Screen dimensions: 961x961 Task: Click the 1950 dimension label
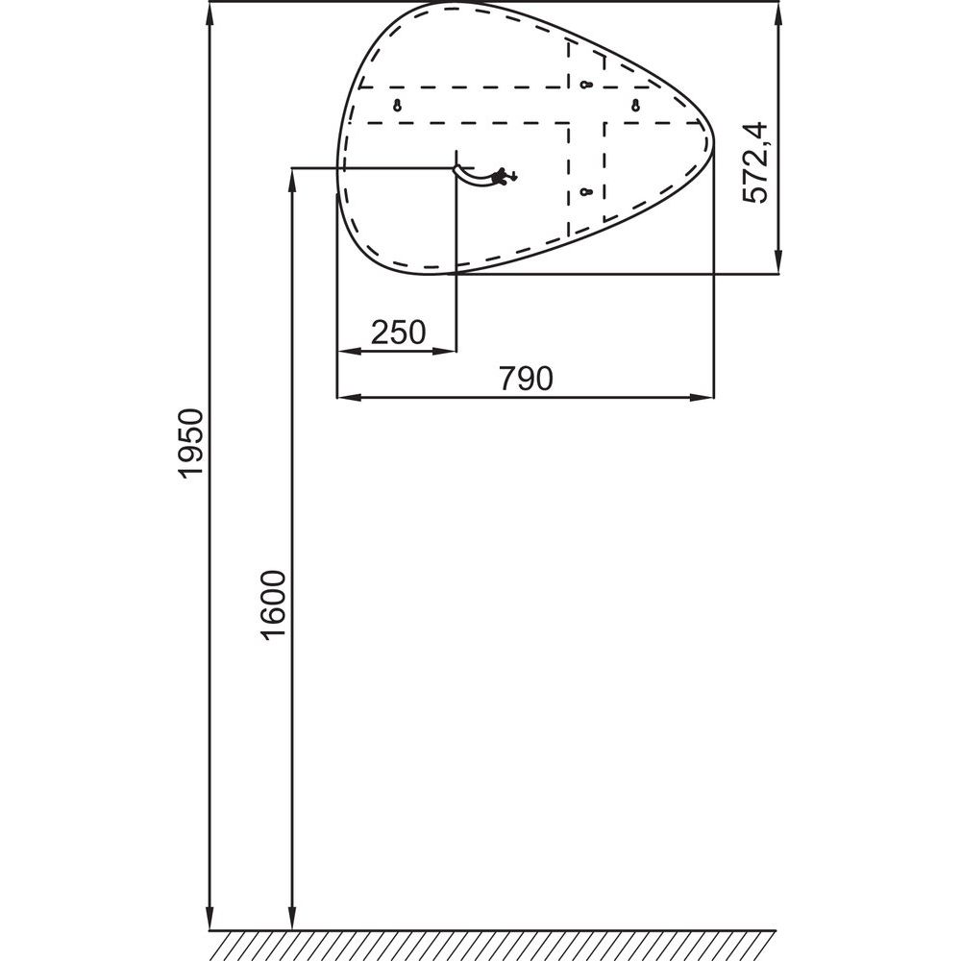(190, 443)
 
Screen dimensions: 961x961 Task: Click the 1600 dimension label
(273, 605)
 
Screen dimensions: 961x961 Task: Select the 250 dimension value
(398, 333)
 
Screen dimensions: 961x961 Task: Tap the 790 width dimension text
(526, 378)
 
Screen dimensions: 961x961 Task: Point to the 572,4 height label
(754, 163)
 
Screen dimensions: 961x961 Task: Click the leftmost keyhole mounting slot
(397, 106)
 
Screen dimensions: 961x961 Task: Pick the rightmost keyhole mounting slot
(635, 106)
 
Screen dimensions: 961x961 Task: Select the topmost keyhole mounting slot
(586, 84)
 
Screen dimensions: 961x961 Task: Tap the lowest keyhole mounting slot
(586, 192)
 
